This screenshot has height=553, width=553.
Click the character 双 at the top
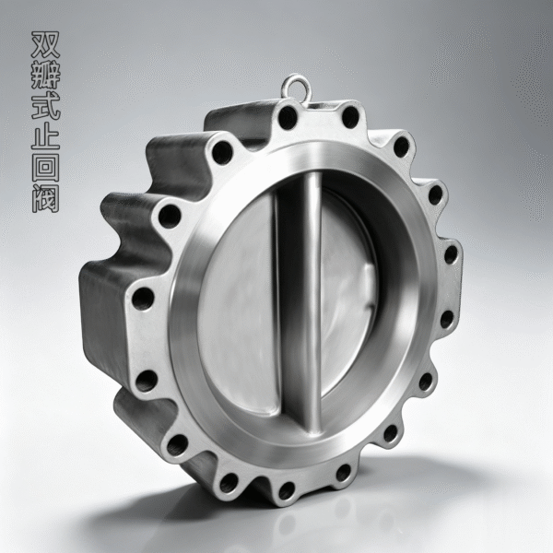coord(45,44)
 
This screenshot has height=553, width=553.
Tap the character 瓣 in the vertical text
coord(45,76)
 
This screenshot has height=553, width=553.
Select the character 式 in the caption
coord(45,106)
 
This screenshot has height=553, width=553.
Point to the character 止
coord(45,136)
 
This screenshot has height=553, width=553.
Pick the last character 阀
coord(45,198)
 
